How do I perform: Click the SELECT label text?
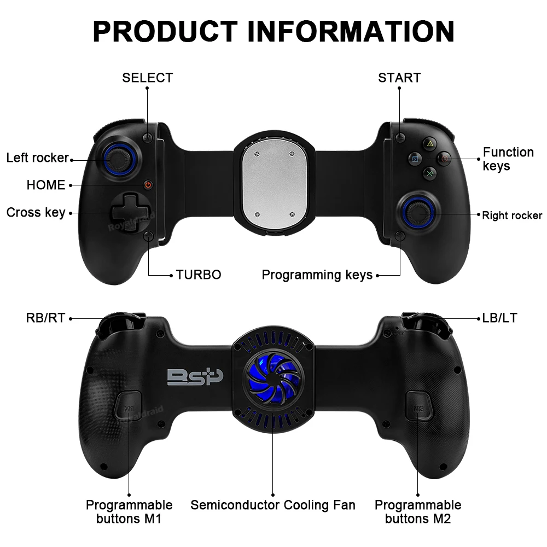147,78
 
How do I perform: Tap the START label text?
399,78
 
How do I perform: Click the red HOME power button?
148,185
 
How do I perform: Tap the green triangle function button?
430,144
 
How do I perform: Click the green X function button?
430,174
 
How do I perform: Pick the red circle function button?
445,159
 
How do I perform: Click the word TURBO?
199,275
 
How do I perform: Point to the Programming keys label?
317,275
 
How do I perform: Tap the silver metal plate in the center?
273,184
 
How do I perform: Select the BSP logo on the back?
195,377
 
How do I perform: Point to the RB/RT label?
45,318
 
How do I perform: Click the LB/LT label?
499,318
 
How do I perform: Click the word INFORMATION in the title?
351,31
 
